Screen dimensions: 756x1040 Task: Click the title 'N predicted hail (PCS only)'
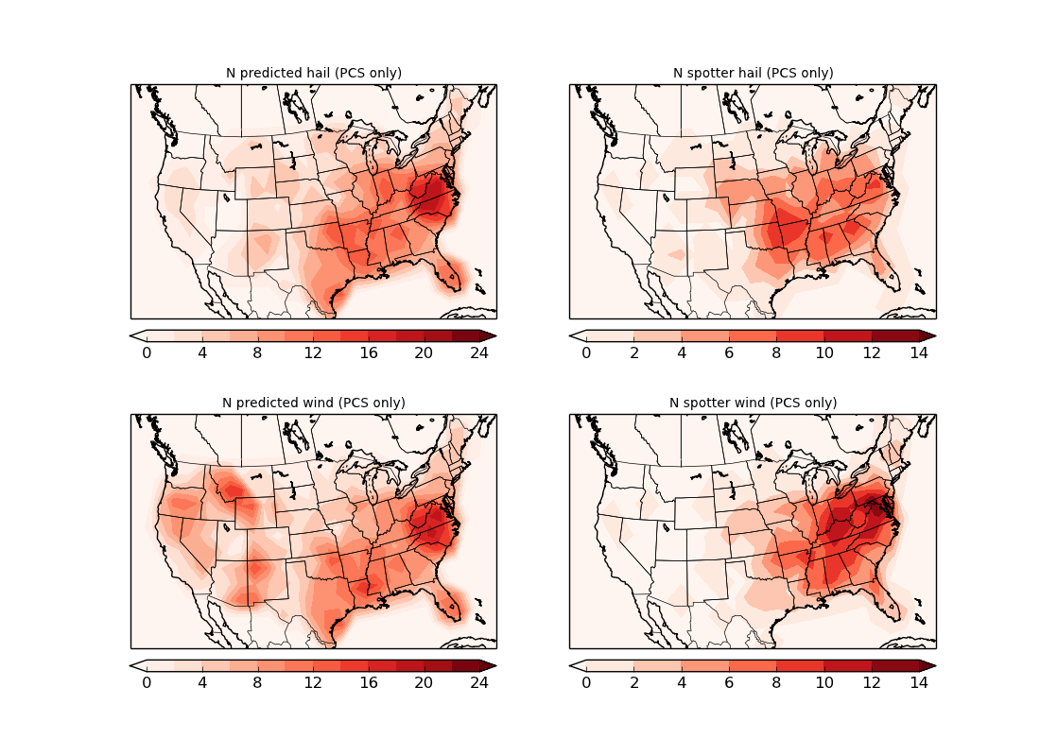313,73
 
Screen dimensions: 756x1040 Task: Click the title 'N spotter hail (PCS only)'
753,73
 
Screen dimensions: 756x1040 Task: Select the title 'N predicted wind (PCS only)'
313,403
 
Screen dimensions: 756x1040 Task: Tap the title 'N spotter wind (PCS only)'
753,403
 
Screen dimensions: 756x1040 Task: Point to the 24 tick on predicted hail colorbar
479,352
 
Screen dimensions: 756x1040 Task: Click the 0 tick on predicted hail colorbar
147,352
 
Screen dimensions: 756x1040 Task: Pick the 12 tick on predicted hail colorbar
313,352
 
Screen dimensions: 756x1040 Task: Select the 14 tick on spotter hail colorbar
919,352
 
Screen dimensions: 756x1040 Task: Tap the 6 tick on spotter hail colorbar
729,352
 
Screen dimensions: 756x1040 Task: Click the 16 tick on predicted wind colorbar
369,682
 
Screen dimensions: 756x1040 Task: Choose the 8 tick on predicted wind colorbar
257,682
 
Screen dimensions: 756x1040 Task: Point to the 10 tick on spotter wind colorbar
824,682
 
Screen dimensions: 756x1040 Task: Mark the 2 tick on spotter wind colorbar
633,682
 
